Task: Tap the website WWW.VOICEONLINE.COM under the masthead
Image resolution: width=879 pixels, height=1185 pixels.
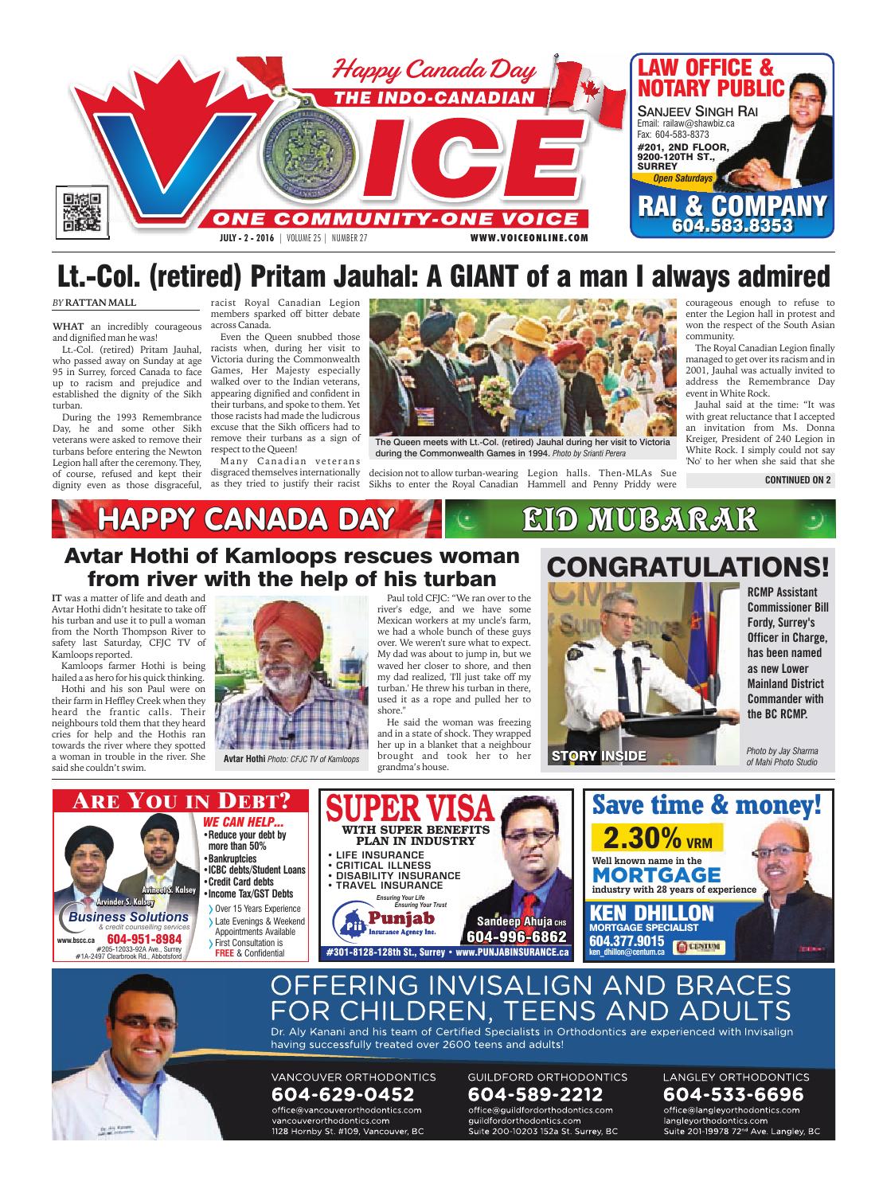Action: (529, 237)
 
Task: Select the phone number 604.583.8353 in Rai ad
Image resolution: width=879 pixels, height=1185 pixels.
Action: (732, 227)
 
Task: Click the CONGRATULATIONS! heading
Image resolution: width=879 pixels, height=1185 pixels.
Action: (688, 567)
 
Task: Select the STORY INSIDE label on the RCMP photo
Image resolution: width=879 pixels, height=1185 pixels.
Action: (600, 755)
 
